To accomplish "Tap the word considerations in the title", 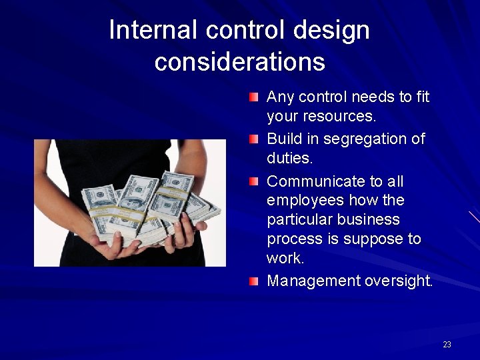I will [x=239, y=62].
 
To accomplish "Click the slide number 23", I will [x=447, y=345].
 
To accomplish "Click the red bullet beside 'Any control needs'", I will [x=254, y=97].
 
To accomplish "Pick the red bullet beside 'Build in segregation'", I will [x=254, y=139].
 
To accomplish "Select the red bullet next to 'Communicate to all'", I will [x=254, y=181].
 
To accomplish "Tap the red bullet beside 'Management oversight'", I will [x=254, y=281].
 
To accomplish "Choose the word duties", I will [x=289, y=159].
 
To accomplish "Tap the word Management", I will [x=313, y=281].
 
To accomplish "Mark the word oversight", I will [x=399, y=281].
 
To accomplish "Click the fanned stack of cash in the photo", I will [x=150, y=203].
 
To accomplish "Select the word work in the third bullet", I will [x=284, y=258].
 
